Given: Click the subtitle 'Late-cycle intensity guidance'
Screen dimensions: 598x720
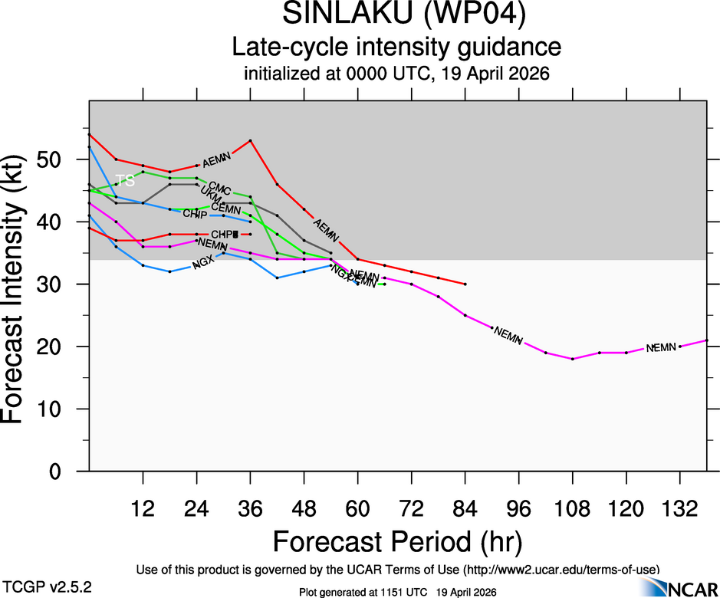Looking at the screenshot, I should (396, 47).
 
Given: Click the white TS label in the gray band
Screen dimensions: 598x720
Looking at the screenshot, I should (125, 181).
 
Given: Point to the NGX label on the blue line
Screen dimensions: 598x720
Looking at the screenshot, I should (203, 263).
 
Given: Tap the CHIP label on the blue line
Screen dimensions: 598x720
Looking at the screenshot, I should (195, 214).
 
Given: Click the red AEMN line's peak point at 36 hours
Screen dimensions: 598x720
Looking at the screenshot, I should (251, 140).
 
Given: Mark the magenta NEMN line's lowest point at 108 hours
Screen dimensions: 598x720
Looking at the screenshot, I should (572, 359).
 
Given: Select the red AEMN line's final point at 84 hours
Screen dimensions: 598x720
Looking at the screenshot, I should (465, 284).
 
